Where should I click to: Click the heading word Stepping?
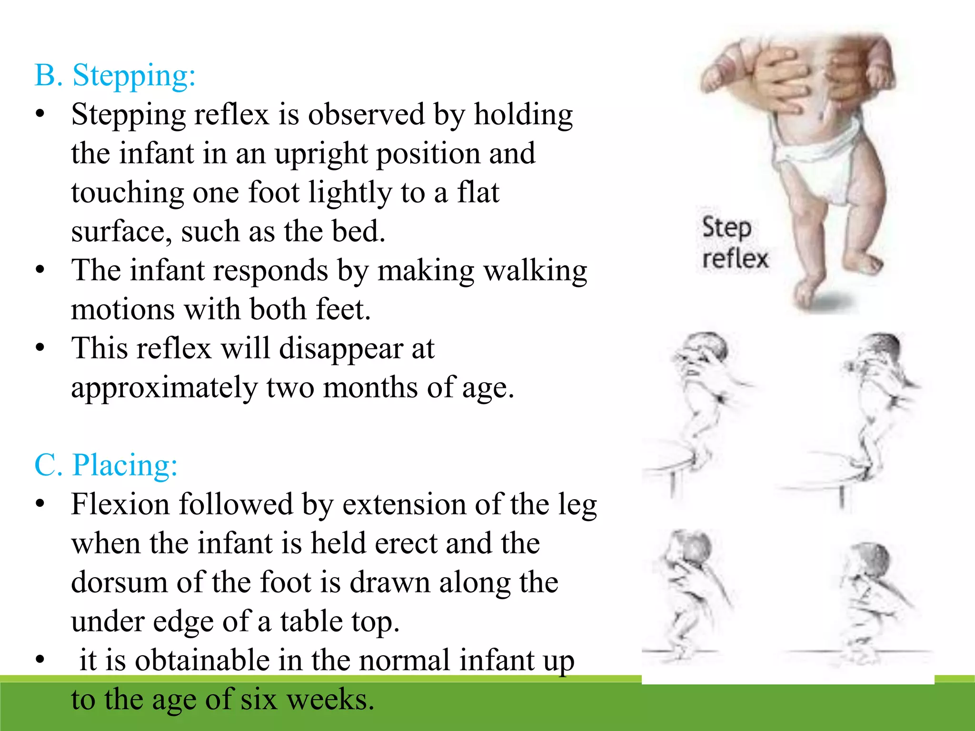tap(134, 76)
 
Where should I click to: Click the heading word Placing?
tap(125, 465)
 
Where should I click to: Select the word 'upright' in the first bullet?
tap(321, 154)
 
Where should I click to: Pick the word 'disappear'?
tap(341, 349)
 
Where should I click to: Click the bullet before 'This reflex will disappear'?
tap(40, 348)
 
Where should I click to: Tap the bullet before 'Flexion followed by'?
tap(40, 504)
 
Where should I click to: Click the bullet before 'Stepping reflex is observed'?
tap(40, 114)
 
